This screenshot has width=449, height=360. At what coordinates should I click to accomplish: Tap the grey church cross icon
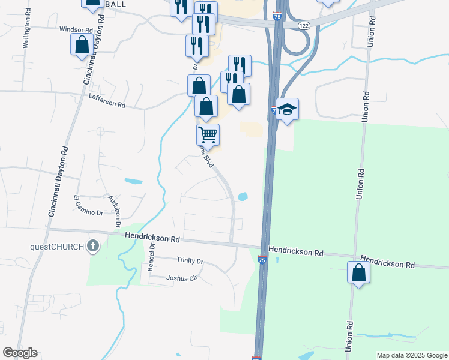tap(92, 245)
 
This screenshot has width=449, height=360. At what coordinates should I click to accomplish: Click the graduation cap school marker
tap(288, 109)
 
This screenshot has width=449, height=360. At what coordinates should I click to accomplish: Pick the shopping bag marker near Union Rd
tap(358, 272)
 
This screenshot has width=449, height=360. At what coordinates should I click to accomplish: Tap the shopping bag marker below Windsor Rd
tap(81, 44)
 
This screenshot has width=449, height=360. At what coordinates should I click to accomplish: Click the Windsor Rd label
tap(76, 29)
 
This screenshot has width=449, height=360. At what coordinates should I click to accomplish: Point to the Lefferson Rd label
tap(107, 101)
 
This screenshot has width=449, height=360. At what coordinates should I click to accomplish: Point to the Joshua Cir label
tap(182, 278)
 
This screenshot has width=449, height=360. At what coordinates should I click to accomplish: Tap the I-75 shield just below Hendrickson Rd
tap(262, 260)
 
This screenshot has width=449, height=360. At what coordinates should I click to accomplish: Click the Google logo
tap(20, 353)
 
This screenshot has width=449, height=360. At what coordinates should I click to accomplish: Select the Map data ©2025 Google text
tap(411, 355)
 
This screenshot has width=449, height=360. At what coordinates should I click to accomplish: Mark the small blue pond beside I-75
tap(243, 196)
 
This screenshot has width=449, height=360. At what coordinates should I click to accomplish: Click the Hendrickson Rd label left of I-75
tap(153, 238)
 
